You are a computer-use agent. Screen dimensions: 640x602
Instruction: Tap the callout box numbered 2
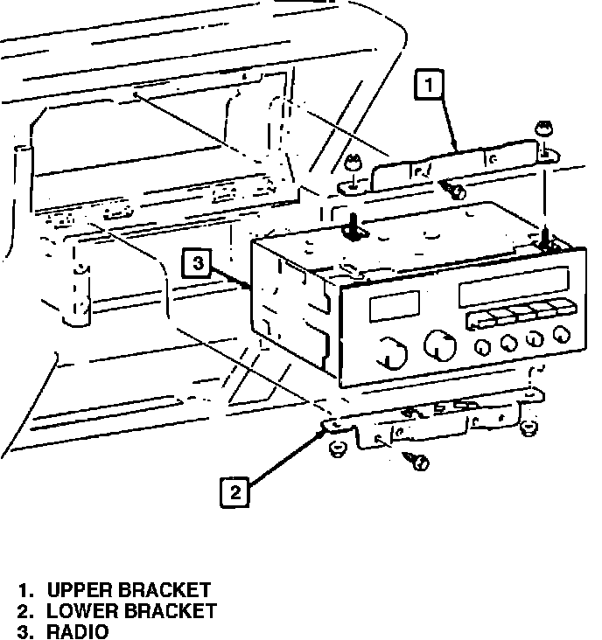coord(234,492)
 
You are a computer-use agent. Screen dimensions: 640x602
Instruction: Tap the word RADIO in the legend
coord(78,631)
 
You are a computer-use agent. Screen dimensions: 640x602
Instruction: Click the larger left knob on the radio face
coord(393,353)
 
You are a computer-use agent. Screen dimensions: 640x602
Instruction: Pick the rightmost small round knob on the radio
coord(562,333)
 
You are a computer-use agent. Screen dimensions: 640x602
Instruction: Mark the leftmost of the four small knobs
coord(481,347)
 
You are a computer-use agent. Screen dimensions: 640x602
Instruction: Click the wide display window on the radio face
coord(514,286)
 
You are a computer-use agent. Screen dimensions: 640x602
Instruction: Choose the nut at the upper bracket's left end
coord(352,164)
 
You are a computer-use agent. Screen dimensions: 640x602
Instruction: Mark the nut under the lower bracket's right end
coord(527,428)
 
